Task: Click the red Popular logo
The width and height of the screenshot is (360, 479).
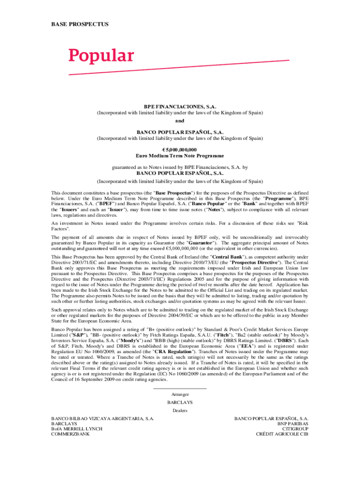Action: (101, 56)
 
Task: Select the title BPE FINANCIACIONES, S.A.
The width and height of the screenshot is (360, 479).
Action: (180, 107)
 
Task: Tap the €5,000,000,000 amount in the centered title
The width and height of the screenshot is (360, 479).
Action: (180, 150)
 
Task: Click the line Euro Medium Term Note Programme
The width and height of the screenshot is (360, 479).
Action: (180, 156)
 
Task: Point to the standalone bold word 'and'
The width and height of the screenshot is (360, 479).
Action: (180, 120)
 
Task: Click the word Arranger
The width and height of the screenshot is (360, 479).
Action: (180, 394)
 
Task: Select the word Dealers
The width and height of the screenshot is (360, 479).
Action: (180, 410)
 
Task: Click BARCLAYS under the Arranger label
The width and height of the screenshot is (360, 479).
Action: (180, 402)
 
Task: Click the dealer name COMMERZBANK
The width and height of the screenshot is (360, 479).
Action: (70, 434)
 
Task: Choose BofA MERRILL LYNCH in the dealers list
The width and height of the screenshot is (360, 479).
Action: (77, 428)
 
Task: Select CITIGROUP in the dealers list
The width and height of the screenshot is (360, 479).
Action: (296, 428)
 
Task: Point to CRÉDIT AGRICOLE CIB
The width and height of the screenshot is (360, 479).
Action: (282, 434)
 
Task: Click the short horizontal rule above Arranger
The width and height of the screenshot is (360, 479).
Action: (180, 388)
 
